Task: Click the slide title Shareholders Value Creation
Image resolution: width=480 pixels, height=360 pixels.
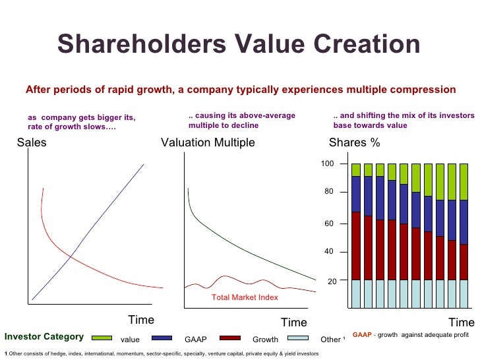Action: (x=239, y=45)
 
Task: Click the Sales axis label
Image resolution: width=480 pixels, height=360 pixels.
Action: (x=32, y=142)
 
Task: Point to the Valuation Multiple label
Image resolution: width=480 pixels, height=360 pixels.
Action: (x=208, y=142)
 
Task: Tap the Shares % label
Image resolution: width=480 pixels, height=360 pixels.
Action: (x=354, y=142)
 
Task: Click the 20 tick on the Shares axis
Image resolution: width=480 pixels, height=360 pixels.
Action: (x=332, y=282)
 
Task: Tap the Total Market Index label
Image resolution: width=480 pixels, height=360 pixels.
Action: (x=245, y=297)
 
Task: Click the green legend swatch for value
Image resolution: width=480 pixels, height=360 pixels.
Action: (x=102, y=338)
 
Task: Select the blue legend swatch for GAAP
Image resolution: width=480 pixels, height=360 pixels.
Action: (x=162, y=338)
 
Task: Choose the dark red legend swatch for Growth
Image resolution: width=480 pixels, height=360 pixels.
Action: (x=229, y=338)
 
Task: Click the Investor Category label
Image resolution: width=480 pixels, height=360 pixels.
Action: (x=44, y=337)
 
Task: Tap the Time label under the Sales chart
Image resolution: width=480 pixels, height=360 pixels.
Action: (x=140, y=320)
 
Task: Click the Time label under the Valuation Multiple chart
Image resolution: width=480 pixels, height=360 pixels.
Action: (x=293, y=322)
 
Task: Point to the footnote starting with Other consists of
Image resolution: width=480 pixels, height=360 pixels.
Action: (x=162, y=354)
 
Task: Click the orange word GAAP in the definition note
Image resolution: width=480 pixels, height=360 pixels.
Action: (x=362, y=335)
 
